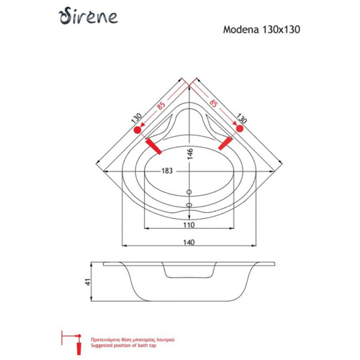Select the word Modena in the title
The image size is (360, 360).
pos(238,30)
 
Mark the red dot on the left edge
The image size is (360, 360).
pos(136,130)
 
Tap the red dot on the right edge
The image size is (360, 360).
pos(240,130)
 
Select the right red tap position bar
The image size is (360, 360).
pos(224,144)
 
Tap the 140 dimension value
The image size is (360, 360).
pos(189,241)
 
